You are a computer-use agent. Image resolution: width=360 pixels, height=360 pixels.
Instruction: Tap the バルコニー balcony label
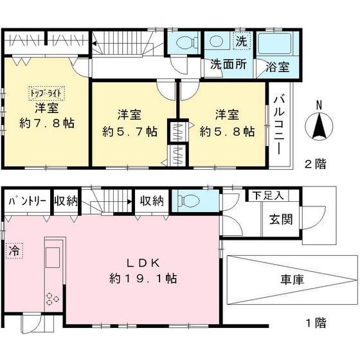point(280,124)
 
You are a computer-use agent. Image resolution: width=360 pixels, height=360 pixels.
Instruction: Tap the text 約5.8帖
point(227,131)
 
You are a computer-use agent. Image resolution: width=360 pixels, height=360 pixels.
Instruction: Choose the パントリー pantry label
point(27,201)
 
